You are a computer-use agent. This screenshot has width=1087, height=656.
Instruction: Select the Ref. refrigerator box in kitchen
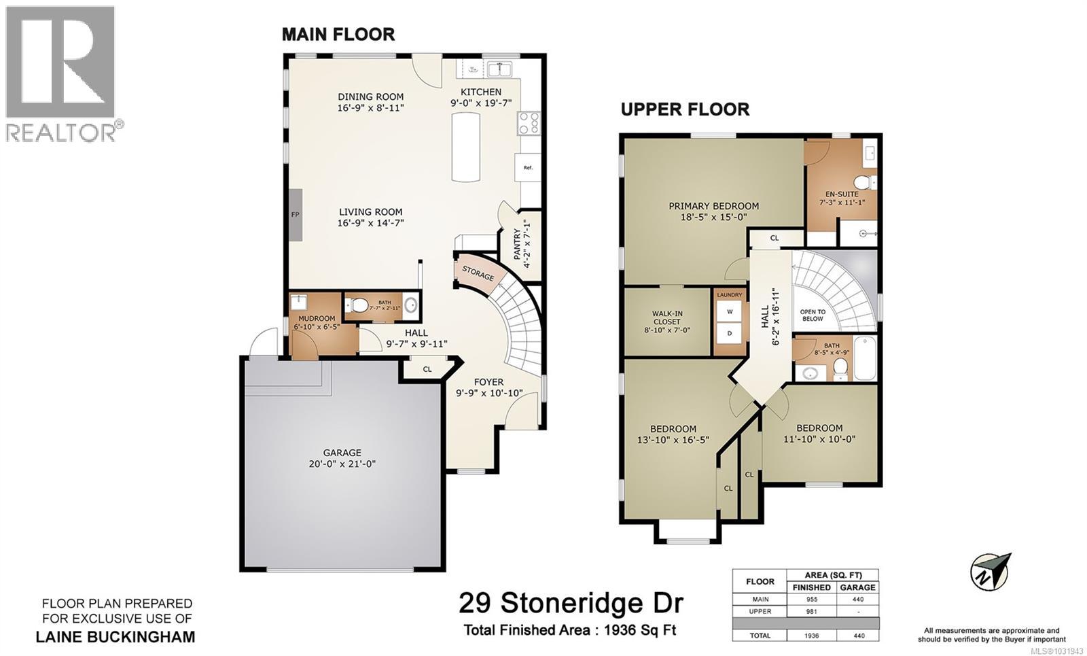point(528,167)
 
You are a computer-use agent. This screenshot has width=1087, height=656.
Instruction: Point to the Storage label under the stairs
point(478,273)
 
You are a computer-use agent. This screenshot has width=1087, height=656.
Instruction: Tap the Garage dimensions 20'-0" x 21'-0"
point(342,464)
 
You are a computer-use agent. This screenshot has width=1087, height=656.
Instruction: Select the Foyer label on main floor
point(488,382)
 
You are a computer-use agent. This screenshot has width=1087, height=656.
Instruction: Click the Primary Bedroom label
point(713,206)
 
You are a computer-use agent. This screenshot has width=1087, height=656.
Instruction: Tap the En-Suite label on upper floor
point(842,194)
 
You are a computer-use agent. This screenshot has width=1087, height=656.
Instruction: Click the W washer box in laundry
point(730,311)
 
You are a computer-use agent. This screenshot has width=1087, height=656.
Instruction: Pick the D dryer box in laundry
point(730,334)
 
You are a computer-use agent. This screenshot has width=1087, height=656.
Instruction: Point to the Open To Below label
point(812,315)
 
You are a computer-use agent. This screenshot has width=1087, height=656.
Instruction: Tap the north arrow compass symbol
point(991,572)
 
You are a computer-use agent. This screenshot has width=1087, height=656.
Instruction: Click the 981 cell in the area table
point(810,611)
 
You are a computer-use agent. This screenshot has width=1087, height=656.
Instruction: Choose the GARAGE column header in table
point(857,587)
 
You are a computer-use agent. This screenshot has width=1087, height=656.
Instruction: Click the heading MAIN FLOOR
point(338,34)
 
